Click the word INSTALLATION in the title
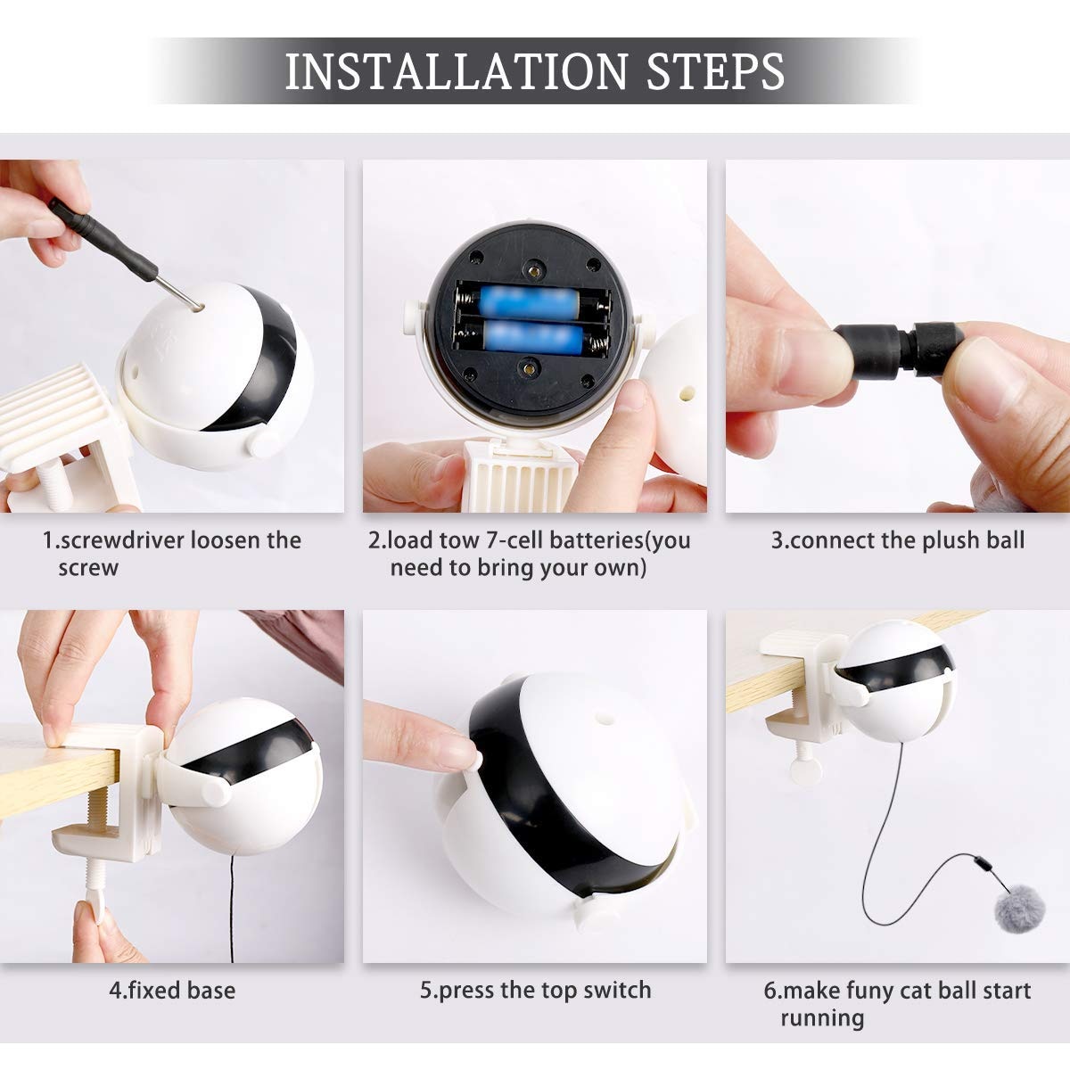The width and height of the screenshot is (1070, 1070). click(456, 71)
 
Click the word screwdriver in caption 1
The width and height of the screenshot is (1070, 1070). click(124, 540)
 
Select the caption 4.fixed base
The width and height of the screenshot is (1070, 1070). click(172, 991)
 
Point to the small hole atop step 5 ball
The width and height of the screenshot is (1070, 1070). click(602, 714)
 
